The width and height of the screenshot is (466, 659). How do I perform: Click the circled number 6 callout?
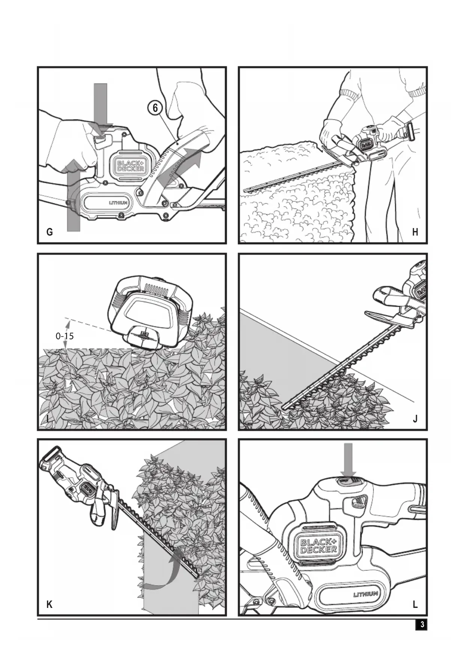(x=155, y=108)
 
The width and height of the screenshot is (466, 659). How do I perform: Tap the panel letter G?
(x=50, y=232)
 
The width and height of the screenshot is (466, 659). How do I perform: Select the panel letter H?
(x=415, y=232)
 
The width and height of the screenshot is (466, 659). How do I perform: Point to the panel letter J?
(x=415, y=419)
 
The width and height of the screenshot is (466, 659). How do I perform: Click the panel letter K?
(x=50, y=605)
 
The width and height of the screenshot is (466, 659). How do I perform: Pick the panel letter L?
(x=415, y=605)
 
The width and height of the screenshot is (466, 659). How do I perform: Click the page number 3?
(x=422, y=624)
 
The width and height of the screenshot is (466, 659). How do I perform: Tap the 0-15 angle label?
(x=65, y=336)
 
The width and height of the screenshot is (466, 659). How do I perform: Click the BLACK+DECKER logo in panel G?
(x=131, y=166)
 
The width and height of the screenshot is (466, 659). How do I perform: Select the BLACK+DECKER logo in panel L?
(x=318, y=546)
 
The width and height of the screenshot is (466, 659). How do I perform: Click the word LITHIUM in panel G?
(x=118, y=203)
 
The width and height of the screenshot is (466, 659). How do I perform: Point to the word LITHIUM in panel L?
(x=365, y=594)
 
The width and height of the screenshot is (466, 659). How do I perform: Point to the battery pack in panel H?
(x=409, y=132)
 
